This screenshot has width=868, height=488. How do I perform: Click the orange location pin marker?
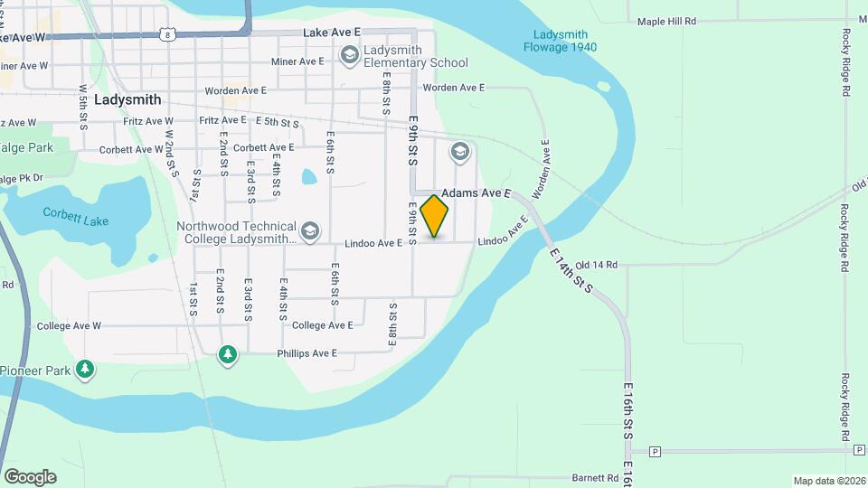click(435, 216)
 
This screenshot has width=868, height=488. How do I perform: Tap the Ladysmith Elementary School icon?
click(349, 56)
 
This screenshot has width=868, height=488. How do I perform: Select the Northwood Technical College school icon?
click(310, 232)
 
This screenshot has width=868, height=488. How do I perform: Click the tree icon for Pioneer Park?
click(85, 369)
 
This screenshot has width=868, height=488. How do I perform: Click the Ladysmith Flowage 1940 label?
click(560, 41)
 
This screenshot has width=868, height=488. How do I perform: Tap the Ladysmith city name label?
click(127, 100)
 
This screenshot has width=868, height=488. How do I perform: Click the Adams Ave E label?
click(476, 193)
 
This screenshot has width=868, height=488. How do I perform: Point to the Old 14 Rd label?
click(596, 265)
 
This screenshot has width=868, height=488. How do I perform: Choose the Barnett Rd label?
click(595, 478)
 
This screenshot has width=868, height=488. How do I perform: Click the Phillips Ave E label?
click(307, 353)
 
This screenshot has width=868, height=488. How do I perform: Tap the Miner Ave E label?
click(297, 61)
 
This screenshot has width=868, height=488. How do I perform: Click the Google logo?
click(30, 476)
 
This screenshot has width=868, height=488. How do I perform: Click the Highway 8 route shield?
click(166, 34)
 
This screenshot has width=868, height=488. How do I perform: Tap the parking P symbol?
click(656, 451)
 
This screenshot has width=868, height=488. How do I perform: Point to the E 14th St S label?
click(571, 271)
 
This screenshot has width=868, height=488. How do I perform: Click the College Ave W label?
click(69, 325)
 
